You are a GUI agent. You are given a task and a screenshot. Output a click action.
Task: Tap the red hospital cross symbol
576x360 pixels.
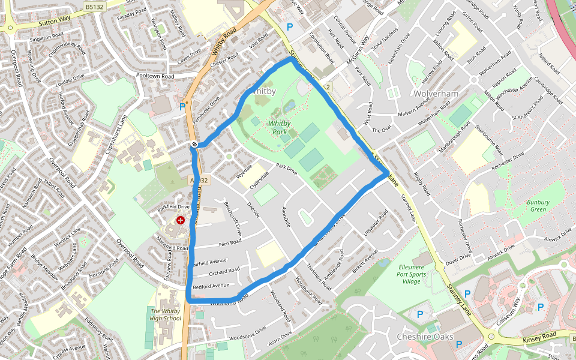click(x=180, y=221)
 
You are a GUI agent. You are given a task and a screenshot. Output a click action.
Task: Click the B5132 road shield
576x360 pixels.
click(x=93, y=6)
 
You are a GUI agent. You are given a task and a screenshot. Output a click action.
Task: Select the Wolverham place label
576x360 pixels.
click(x=436, y=94)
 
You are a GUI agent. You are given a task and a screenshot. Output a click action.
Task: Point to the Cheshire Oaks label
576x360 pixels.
click(x=425, y=337)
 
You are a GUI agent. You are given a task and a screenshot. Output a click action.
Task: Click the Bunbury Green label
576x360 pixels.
click(x=538, y=206)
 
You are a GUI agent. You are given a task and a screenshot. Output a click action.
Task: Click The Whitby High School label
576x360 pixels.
click(x=166, y=314)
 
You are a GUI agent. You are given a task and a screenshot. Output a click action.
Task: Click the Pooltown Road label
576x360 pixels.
click(x=155, y=77)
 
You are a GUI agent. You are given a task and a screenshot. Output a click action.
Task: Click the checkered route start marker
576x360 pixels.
click(x=195, y=144)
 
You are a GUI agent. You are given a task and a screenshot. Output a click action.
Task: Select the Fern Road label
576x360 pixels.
click(x=230, y=242)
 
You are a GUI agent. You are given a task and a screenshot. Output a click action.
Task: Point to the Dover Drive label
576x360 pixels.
click(x=458, y=257)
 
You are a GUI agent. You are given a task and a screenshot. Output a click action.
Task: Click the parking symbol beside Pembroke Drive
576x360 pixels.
click(x=182, y=107)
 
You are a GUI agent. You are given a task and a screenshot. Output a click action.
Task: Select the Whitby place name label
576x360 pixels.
click(x=262, y=92)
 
